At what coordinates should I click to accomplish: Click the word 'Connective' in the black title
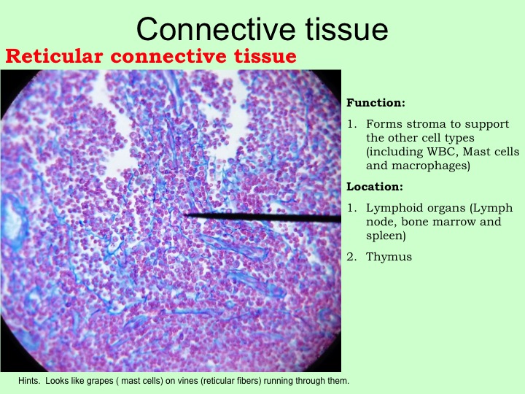[x=216, y=28]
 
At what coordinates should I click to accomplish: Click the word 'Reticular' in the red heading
[x=54, y=56]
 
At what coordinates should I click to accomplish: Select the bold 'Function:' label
[x=376, y=103]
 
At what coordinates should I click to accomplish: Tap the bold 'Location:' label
[x=375, y=186]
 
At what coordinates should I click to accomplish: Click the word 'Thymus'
[x=389, y=257]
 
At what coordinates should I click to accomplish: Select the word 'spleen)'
[x=386, y=236]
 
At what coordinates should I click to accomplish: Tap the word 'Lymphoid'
[x=390, y=208]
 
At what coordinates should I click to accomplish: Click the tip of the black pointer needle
[x=184, y=215]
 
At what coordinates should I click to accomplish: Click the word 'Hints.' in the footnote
[x=30, y=381]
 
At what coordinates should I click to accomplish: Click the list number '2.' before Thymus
[x=352, y=257]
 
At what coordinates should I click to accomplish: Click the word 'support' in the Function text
[x=487, y=125]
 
